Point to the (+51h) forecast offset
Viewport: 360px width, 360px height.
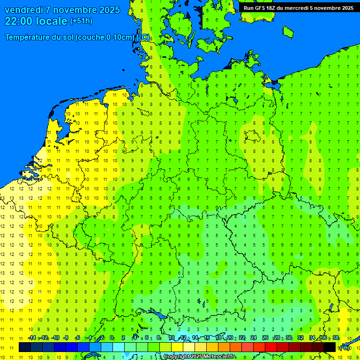[81, 21]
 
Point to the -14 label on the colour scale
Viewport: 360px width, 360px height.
[32, 338]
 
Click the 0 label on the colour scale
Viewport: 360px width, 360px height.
[112, 338]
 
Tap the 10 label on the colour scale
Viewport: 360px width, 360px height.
[172, 338]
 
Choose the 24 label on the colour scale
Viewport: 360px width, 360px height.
[254, 338]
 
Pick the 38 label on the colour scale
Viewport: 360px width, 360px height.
[336, 338]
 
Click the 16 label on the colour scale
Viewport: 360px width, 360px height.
[207, 338]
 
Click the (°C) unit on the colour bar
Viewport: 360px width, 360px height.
[344, 347]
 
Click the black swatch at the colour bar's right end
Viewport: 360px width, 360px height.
[330, 347]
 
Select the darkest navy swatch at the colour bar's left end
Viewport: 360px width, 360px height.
[25, 347]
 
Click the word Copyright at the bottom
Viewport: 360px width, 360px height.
[177, 357]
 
